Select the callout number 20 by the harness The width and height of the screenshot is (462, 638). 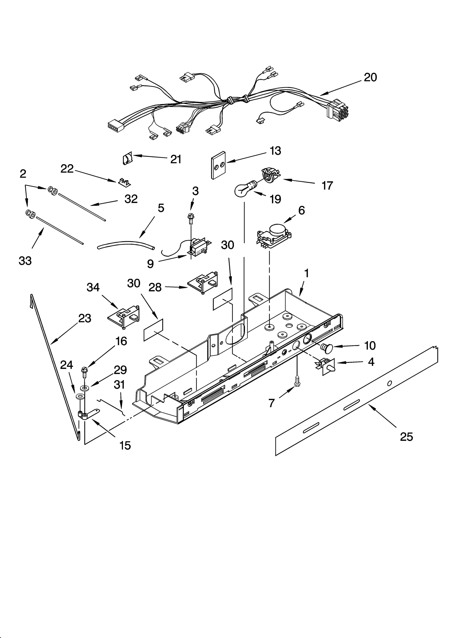click(370, 77)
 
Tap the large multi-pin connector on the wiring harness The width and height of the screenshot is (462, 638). click(337, 109)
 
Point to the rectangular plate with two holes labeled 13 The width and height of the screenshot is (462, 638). click(218, 165)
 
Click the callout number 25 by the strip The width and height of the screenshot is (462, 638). click(406, 437)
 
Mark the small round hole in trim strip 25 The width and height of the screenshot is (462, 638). click(389, 383)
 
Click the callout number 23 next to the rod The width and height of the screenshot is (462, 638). click(85, 318)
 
